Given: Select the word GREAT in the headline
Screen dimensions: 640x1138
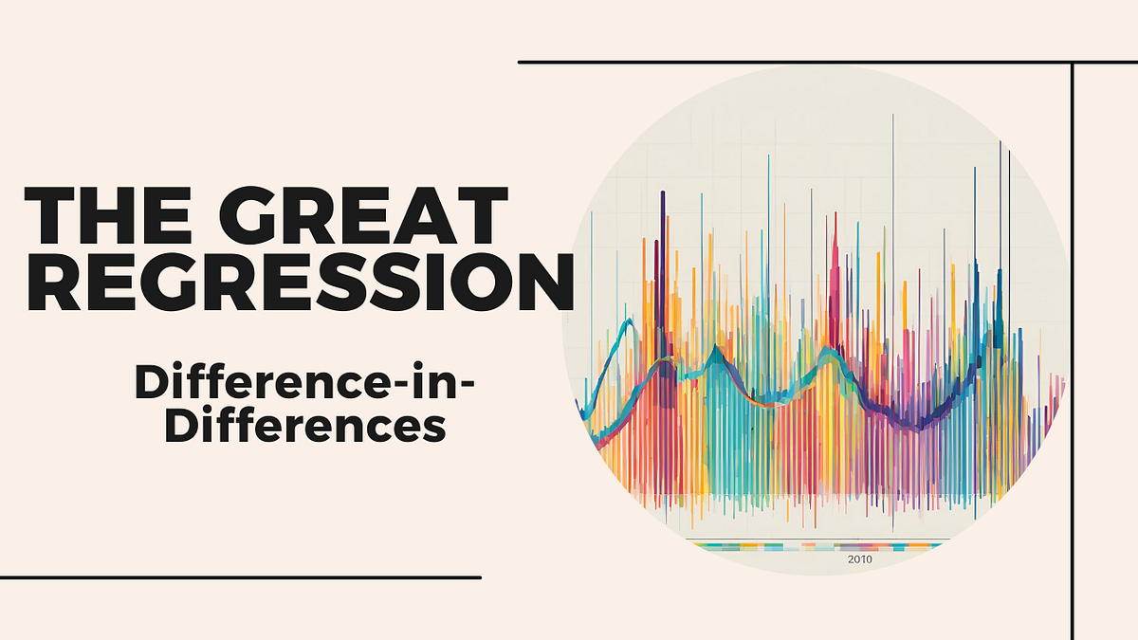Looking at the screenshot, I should coord(369,217).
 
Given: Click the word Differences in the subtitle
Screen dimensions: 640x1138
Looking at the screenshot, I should coord(304,426).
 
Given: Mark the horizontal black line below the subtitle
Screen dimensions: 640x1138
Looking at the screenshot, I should coord(240,576).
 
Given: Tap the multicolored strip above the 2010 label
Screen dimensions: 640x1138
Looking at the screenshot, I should coord(816,545).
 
